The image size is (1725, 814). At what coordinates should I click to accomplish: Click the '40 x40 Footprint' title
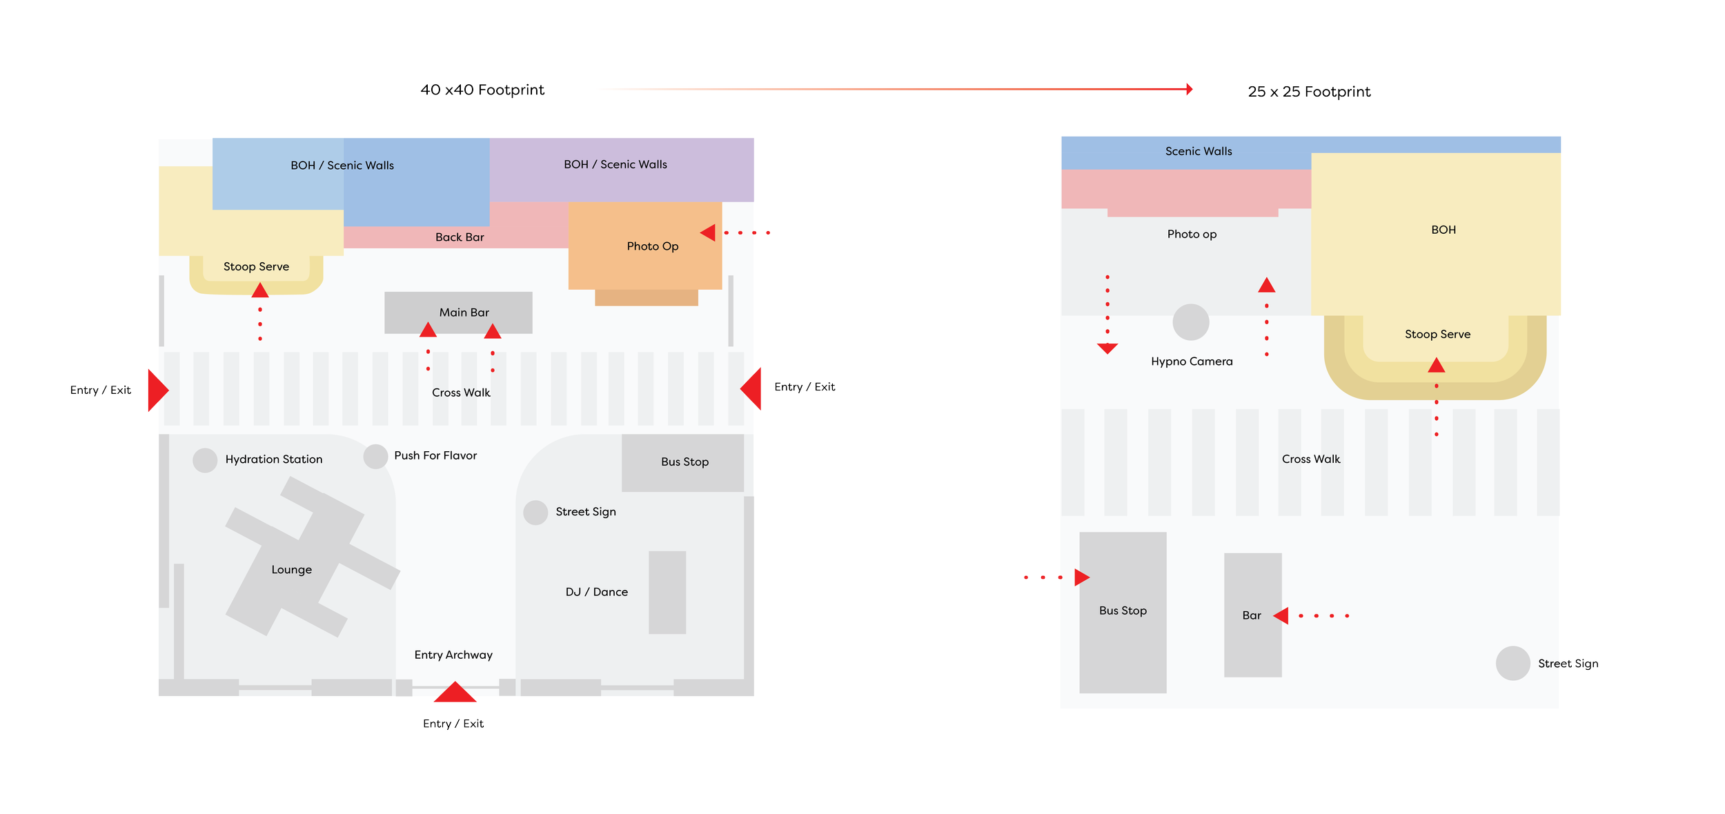tap(482, 90)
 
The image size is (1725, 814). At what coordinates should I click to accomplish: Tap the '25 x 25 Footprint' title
tap(1308, 92)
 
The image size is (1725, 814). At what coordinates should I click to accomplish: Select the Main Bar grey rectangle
tap(458, 312)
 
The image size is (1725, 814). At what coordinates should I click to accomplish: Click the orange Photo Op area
tap(644, 246)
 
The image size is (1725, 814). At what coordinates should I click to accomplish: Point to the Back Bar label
tap(460, 237)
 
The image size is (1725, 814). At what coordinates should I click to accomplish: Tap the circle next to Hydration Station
tap(205, 460)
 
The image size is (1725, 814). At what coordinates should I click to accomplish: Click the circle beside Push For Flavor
tap(375, 456)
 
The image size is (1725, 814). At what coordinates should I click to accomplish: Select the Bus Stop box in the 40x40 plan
tap(682, 462)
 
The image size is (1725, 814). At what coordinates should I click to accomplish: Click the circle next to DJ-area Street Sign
tap(535, 513)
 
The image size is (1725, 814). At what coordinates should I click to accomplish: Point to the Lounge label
tap(291, 570)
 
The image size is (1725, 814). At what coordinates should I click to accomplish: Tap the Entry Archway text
tap(453, 655)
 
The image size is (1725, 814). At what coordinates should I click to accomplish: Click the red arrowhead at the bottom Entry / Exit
tap(455, 693)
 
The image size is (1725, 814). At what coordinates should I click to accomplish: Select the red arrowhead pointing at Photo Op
tap(709, 233)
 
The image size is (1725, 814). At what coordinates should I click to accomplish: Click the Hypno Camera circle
tap(1191, 322)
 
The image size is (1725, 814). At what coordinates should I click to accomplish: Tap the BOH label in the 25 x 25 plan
tap(1443, 230)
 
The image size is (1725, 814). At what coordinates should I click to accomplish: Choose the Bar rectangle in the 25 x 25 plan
tap(1252, 615)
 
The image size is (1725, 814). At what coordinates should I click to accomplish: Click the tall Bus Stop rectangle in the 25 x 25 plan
tap(1123, 612)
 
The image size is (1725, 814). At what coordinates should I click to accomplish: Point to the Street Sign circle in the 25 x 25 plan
tap(1512, 664)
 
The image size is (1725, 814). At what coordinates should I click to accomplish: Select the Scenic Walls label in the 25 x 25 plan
tap(1199, 152)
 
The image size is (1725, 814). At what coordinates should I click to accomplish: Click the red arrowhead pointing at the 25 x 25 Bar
tap(1282, 615)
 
